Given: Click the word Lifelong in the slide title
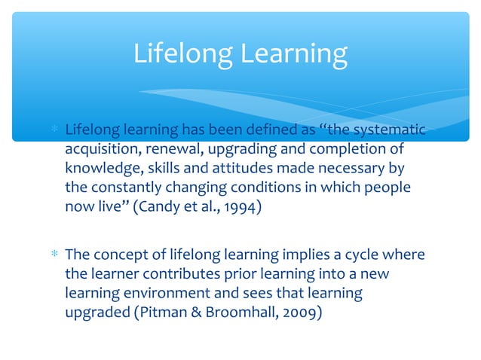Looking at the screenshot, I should [180, 53].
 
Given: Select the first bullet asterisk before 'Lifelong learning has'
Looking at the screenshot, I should [54, 130].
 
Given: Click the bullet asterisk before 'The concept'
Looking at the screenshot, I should [54, 255].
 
